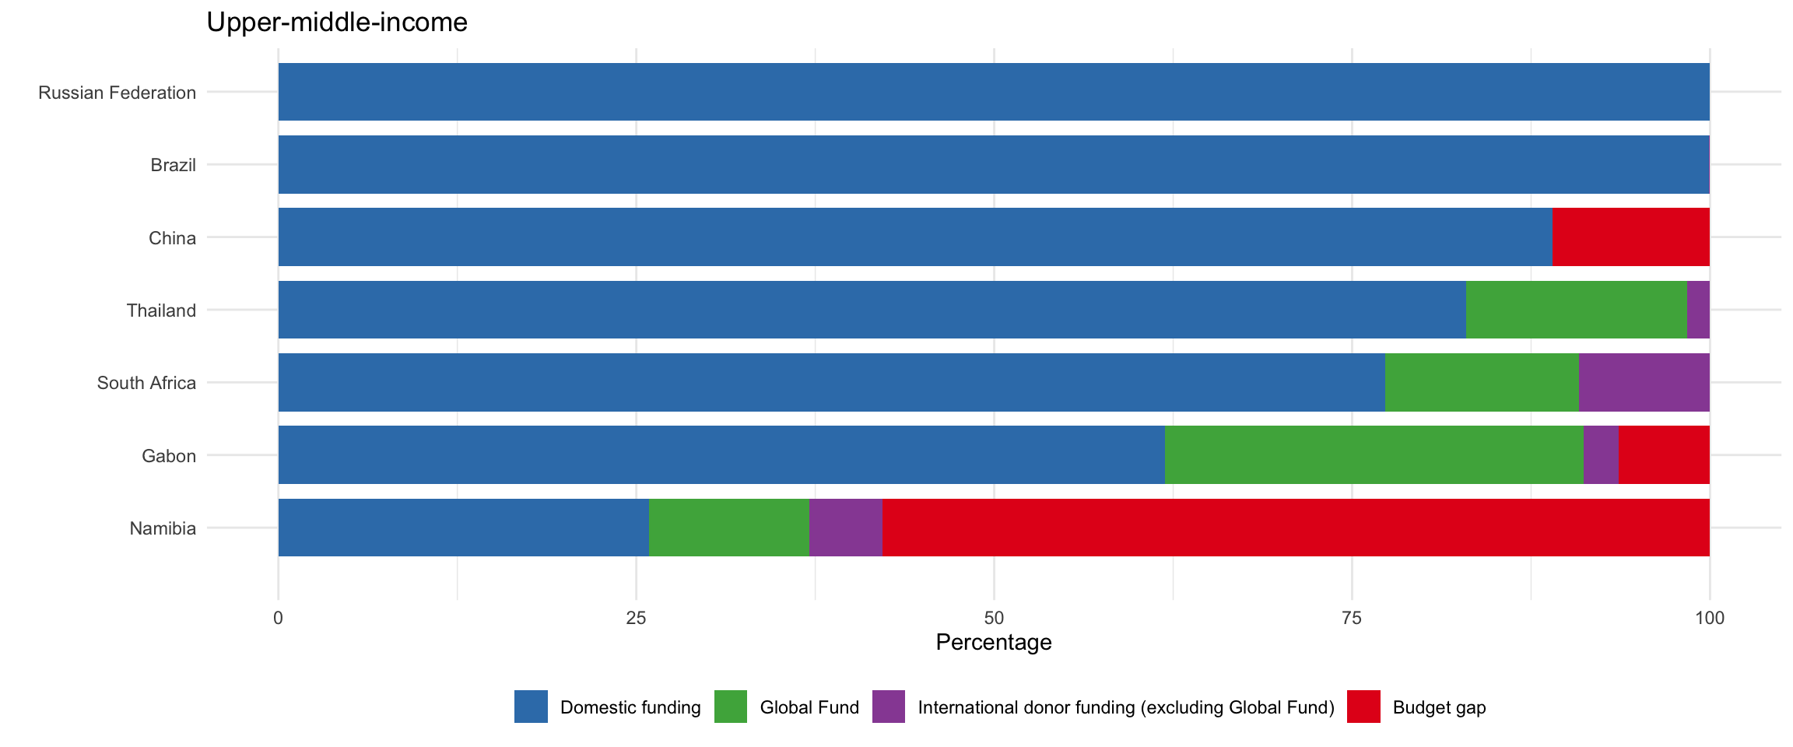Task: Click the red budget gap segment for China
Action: point(1630,237)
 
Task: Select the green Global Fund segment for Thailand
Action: point(1576,310)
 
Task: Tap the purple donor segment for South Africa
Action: point(1644,382)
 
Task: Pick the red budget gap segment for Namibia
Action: point(1296,528)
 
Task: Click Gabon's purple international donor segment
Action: point(1601,454)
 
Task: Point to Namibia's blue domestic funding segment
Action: point(463,528)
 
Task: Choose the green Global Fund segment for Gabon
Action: point(1374,454)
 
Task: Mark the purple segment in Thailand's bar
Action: point(1698,310)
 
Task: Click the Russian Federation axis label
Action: point(118,93)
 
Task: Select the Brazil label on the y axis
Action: point(173,165)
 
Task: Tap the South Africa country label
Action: point(146,383)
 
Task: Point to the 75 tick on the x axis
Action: point(1352,619)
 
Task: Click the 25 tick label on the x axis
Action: point(637,619)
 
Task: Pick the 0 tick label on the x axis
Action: point(278,619)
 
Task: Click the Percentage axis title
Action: point(994,642)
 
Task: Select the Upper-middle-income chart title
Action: point(337,22)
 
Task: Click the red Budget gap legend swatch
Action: point(1363,707)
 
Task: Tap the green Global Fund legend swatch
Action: point(731,707)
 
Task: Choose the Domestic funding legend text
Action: point(630,707)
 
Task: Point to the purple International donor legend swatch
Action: point(889,707)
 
